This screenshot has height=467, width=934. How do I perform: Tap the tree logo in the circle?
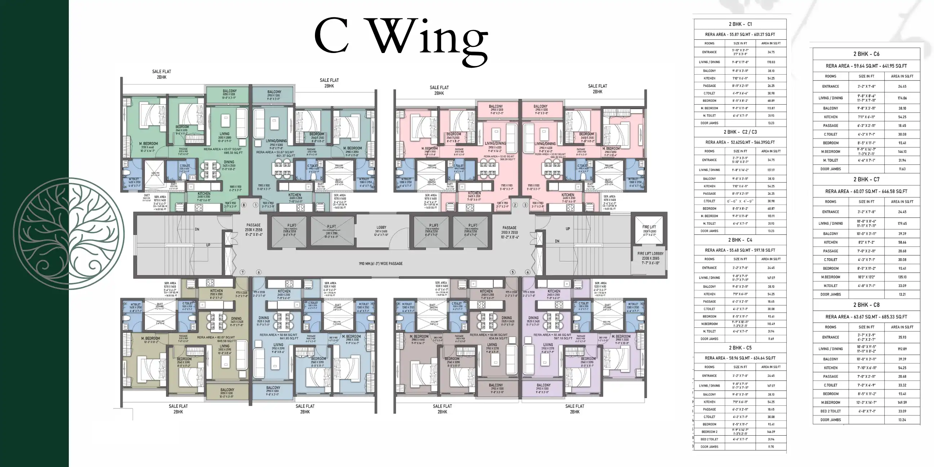(69, 233)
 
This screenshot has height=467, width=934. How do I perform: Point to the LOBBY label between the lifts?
(382, 229)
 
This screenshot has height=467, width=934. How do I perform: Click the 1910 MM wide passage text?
(381, 264)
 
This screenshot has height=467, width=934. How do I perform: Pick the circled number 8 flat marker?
(244, 205)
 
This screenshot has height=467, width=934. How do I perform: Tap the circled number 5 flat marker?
(512, 272)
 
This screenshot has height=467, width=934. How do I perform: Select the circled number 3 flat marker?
(525, 205)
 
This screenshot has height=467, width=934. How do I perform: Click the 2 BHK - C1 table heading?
(740, 24)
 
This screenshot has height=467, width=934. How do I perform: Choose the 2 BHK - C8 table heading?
(866, 305)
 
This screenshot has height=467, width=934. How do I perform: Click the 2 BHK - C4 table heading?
(740, 240)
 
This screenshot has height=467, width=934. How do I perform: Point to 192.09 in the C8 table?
(902, 349)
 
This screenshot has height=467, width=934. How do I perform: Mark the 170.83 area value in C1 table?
(771, 62)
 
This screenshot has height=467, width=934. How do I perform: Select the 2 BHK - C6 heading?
(866, 54)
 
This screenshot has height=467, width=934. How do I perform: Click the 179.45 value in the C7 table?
(902, 224)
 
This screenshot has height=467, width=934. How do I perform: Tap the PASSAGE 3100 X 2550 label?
(509, 230)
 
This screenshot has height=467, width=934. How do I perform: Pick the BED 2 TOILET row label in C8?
(830, 411)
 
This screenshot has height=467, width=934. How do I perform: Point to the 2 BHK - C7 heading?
(866, 180)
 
